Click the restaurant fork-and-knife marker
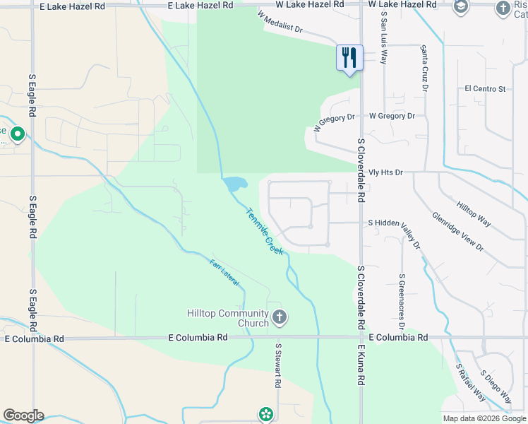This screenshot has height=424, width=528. click(x=349, y=57)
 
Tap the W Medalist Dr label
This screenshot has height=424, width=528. click(x=280, y=23)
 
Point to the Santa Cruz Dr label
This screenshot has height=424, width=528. click(x=424, y=69)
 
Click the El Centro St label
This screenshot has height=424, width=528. click(x=485, y=89)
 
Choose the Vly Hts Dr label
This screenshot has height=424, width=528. click(x=386, y=172)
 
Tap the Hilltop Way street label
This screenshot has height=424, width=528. click(x=474, y=211)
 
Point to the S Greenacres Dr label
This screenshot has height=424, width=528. click(x=401, y=302)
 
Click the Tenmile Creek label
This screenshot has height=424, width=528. click(x=264, y=231)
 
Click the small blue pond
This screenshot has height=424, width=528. click(x=234, y=184)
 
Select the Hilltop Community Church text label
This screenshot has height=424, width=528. click(x=228, y=318)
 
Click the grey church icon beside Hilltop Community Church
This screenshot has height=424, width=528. click(x=280, y=317)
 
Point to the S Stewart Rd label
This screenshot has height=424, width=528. click(x=279, y=366)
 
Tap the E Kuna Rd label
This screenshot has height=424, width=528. click(x=360, y=365)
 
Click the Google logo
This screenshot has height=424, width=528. click(x=23, y=416)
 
